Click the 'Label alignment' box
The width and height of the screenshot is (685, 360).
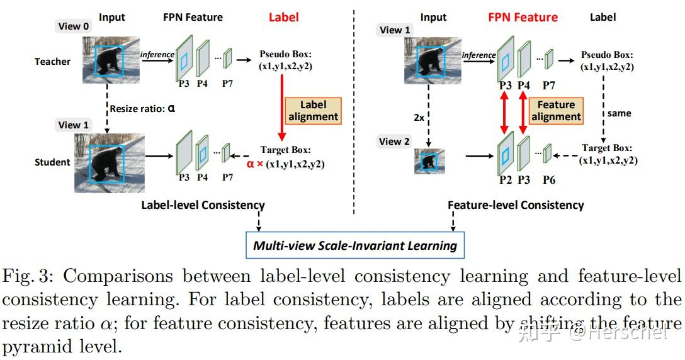click(313, 111)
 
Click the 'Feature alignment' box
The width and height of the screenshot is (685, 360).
click(556, 111)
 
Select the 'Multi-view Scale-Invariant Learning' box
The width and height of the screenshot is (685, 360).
click(355, 245)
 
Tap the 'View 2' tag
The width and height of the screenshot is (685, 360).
click(394, 142)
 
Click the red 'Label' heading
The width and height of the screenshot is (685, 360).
click(283, 18)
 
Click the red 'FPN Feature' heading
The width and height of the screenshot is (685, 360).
click(523, 18)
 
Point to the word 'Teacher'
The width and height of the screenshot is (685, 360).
click(52, 62)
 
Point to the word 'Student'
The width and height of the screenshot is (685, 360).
click(52, 162)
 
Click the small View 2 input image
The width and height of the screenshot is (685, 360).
click(429, 161)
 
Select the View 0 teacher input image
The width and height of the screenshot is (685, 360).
click(110, 60)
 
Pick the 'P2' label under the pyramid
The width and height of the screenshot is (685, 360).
click(505, 179)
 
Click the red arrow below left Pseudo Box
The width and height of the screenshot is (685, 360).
click(282, 107)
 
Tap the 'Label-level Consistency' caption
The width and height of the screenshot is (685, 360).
click(203, 205)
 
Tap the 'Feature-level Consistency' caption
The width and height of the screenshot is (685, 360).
click(516, 205)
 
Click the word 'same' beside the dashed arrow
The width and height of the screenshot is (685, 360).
click(620, 113)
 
